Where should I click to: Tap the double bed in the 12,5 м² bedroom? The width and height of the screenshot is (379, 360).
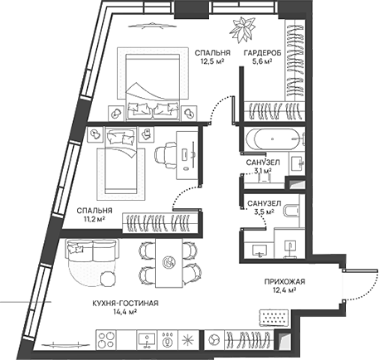tap(152, 83)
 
